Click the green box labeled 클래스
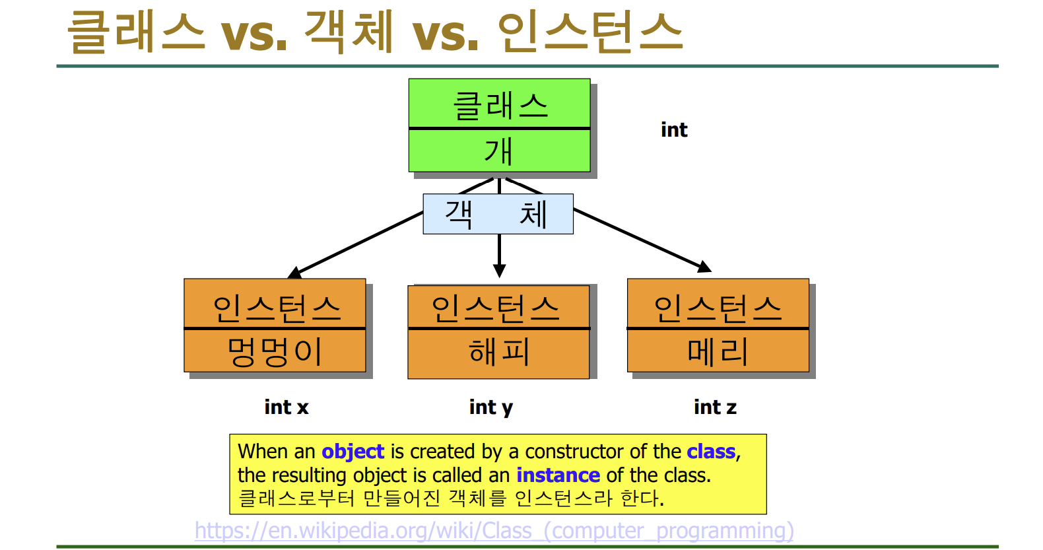499,104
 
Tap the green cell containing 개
499,151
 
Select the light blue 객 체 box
498,214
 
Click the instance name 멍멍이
275,351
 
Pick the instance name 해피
498,353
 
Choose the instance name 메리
718,351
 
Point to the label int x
286,407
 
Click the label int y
490,407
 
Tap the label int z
715,407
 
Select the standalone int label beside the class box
674,130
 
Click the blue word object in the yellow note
353,452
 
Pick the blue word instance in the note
558,475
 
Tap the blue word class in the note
711,452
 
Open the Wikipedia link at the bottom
494,531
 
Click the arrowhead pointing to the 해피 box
499,271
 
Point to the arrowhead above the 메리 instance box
705,267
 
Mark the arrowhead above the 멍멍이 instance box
294,272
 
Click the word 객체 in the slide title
349,32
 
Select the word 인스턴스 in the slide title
589,32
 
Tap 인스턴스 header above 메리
718,308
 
